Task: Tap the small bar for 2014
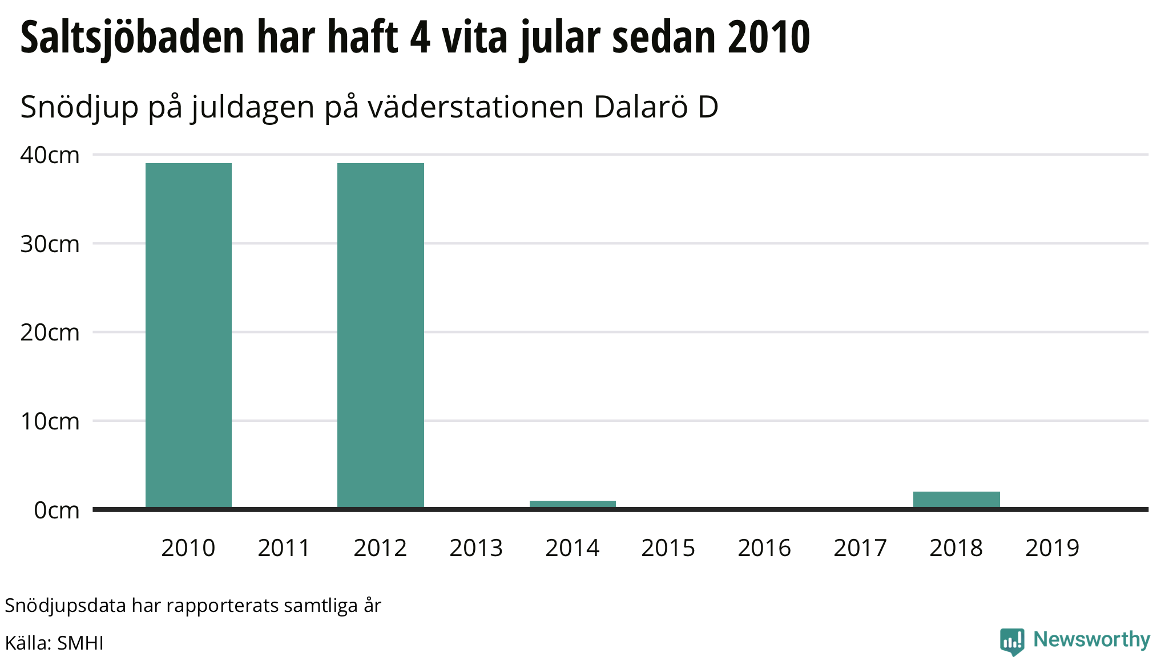click(x=573, y=504)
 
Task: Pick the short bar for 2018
click(x=956, y=499)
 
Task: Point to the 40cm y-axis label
click(x=50, y=155)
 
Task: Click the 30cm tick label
click(x=50, y=244)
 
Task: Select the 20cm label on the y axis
click(x=50, y=332)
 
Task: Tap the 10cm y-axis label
click(x=50, y=421)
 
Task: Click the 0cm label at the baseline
click(x=57, y=510)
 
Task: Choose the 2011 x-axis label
click(x=284, y=548)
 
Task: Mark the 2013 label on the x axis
click(x=476, y=548)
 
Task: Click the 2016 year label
click(x=764, y=548)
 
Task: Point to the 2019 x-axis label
click(x=1053, y=548)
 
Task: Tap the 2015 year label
click(x=668, y=548)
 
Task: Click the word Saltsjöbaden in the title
click(x=132, y=38)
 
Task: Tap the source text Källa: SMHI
click(x=54, y=643)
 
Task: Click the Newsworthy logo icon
click(x=1012, y=642)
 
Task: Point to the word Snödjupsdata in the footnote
click(x=65, y=605)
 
